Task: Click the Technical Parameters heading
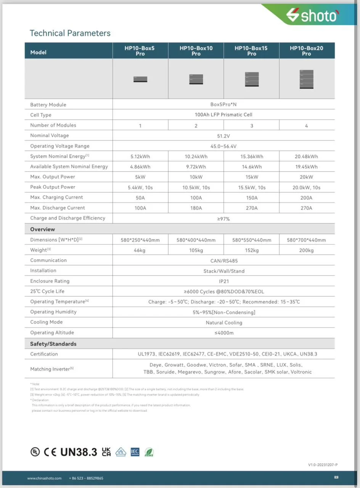coord(70,33)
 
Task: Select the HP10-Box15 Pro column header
coord(251,51)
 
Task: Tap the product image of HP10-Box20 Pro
coord(307,79)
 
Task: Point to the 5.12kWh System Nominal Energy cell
coord(140,157)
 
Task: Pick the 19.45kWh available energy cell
coord(307,167)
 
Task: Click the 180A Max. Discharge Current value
coord(196,208)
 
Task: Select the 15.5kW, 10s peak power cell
coord(251,188)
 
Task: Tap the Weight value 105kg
coord(196,250)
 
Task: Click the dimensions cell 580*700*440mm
coord(307,240)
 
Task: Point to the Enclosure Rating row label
coord(50,281)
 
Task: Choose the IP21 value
coord(224,281)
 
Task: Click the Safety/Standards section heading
coord(53,344)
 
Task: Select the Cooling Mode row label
coord(47,322)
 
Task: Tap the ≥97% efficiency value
coord(223,219)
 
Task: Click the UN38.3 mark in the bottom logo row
coord(79,452)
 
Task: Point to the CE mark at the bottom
coord(50,452)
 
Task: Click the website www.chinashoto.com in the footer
coord(44,478)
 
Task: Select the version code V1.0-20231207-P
coord(323,465)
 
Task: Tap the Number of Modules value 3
coord(251,126)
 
